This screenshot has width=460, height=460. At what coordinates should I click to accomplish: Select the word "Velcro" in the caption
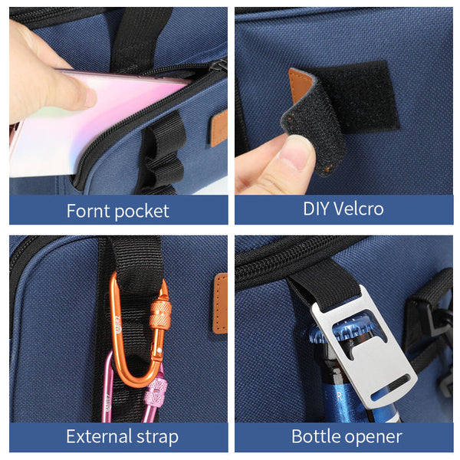coord(359,209)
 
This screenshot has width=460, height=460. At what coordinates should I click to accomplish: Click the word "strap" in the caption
coord(157,438)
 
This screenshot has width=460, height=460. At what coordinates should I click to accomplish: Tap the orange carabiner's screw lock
coord(160,314)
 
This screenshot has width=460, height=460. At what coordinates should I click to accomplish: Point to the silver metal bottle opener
coord(363,347)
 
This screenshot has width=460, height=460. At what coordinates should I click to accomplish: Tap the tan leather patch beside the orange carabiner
coord(221,304)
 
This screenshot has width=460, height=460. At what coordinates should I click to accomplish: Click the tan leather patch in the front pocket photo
coord(219,129)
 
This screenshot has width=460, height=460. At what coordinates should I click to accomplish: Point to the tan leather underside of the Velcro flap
coord(300,85)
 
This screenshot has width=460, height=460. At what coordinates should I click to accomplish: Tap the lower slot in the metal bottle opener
coord(390,387)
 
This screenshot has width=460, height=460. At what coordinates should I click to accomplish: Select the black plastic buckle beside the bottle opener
coord(431,323)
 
